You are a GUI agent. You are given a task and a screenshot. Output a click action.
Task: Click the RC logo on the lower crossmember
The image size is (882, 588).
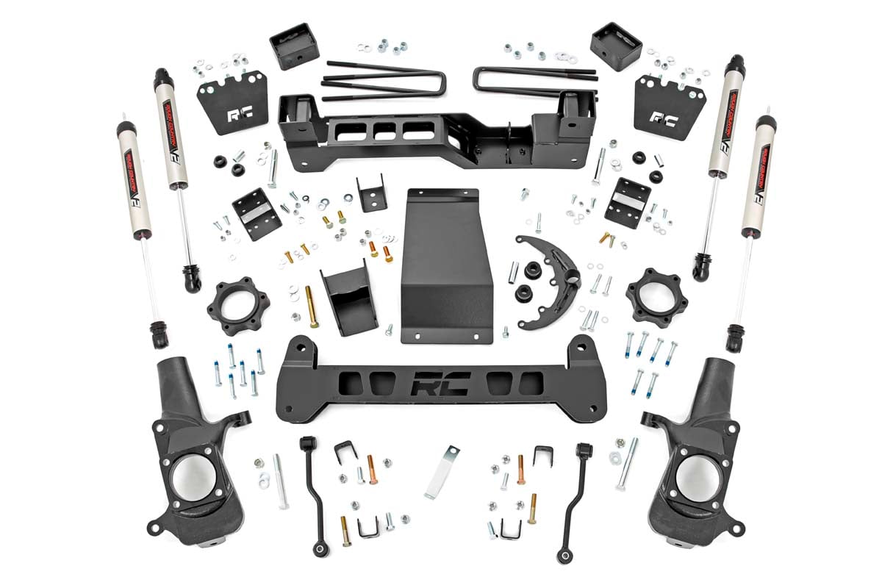click(440, 383)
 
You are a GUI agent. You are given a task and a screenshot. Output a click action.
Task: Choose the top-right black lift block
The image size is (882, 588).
click(616, 46)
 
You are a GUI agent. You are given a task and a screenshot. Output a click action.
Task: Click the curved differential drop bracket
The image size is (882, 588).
click(548, 279)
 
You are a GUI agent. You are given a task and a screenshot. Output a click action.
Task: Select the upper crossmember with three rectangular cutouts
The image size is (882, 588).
click(434, 132)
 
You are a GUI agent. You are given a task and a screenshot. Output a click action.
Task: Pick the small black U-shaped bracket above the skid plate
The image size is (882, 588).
click(371, 193)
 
